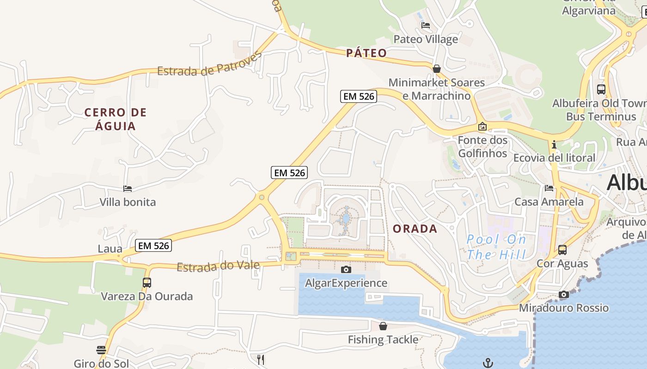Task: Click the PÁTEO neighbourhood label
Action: (x=366, y=53)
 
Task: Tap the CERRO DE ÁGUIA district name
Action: (x=116, y=119)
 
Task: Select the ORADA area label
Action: (x=415, y=229)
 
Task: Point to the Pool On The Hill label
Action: (x=496, y=247)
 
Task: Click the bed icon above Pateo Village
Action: (x=426, y=25)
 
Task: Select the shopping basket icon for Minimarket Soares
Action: (x=436, y=69)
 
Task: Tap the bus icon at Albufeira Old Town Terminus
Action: (x=601, y=89)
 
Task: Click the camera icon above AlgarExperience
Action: (x=346, y=269)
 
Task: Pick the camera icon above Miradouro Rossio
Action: (x=563, y=294)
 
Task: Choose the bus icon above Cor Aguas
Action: (x=562, y=250)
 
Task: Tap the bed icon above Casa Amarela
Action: (x=549, y=188)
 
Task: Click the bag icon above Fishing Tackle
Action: (x=383, y=326)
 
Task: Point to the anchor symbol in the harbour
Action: (x=488, y=363)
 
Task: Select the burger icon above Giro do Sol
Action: (x=101, y=350)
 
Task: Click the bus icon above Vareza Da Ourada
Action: (x=146, y=282)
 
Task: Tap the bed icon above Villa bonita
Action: (x=128, y=188)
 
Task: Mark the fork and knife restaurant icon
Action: (x=261, y=359)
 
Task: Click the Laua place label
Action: (x=110, y=249)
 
